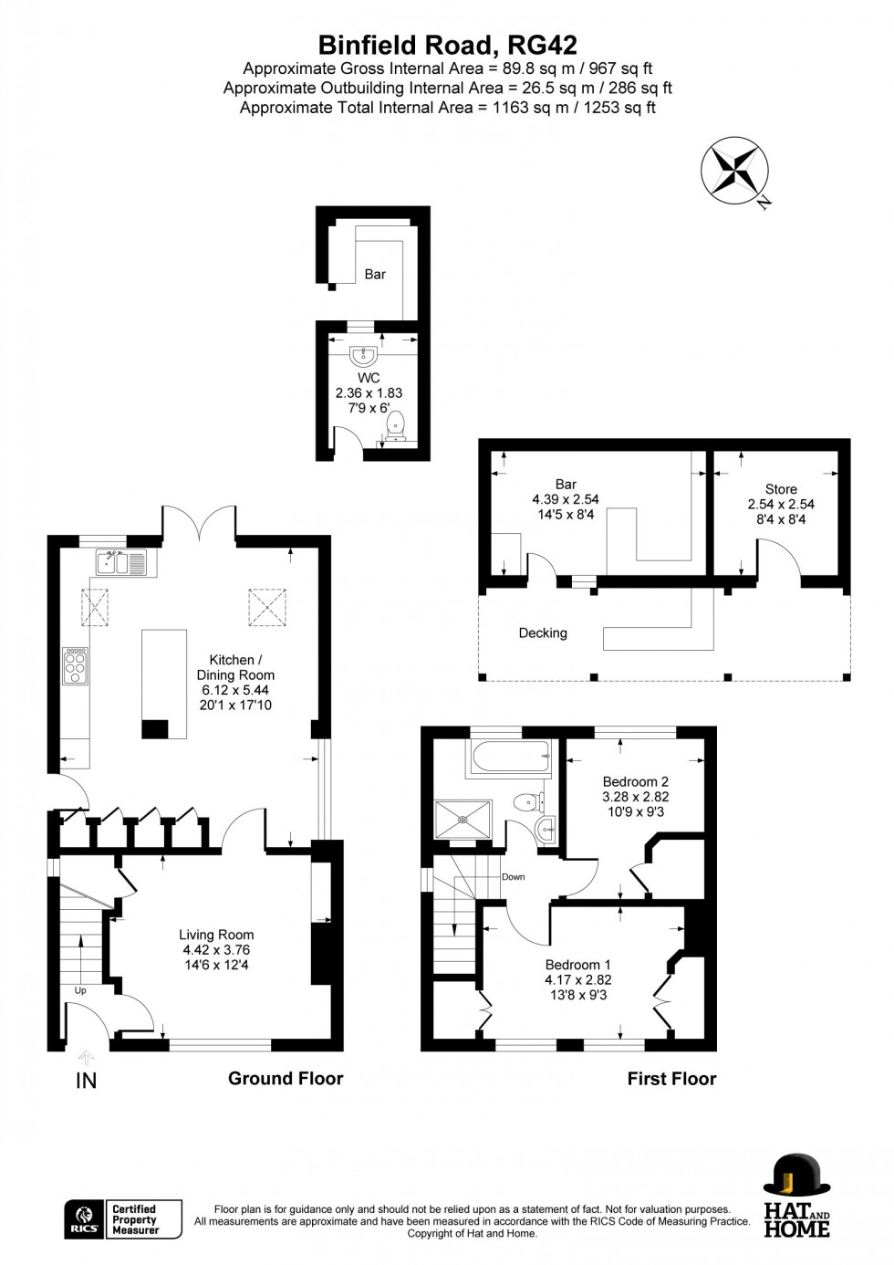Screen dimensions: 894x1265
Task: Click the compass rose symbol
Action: tap(735, 170)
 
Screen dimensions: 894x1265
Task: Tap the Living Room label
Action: tap(216, 935)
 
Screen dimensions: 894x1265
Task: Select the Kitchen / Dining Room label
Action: tap(235, 667)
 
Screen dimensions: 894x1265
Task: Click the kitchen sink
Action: tap(120, 561)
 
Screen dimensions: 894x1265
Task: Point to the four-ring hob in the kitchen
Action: tap(76, 665)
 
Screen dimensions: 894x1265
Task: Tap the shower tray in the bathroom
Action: tap(463, 819)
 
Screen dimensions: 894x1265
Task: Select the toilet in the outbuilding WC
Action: tap(395, 425)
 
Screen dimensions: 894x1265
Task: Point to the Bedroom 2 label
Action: tap(636, 781)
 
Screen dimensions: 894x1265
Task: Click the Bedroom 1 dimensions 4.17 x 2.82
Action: tap(578, 980)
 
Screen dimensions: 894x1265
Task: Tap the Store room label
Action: tap(781, 489)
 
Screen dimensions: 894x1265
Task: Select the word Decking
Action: tap(543, 633)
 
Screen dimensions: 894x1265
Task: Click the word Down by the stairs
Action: tap(513, 877)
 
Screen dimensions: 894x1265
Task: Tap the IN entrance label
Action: tap(86, 1081)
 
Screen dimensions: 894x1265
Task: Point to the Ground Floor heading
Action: tap(286, 1078)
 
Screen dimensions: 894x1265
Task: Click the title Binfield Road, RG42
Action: tap(448, 46)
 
